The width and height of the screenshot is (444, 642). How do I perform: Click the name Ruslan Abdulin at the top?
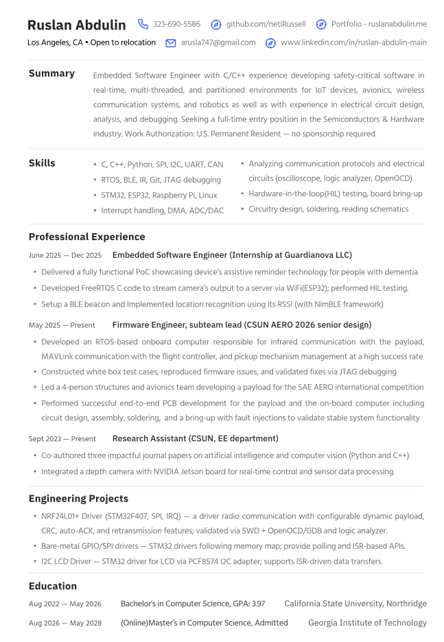(77, 25)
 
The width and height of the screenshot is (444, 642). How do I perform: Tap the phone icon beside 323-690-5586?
(143, 24)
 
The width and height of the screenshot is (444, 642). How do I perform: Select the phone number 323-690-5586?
(177, 24)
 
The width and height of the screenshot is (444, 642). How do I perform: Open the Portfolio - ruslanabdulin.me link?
(378, 24)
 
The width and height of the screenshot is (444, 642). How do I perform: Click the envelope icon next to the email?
(171, 43)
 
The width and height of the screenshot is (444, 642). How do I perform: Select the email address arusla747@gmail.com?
(218, 43)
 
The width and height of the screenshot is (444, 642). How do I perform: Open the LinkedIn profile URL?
(353, 43)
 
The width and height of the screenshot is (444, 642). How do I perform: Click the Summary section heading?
(51, 73)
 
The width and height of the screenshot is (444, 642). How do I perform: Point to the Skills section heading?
(42, 163)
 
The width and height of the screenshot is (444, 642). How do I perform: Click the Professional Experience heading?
(86, 237)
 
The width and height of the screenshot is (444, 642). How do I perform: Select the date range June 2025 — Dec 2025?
(65, 255)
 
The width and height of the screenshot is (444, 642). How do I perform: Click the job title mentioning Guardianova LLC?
(232, 255)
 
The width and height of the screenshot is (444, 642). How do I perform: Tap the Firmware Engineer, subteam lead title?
(242, 324)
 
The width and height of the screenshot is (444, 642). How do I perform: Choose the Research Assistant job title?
(195, 438)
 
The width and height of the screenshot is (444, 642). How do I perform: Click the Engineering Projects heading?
(78, 499)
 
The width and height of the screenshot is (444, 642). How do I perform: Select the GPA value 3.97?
(258, 604)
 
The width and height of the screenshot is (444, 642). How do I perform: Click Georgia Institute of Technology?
(367, 623)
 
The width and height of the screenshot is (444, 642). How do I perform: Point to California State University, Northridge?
(355, 604)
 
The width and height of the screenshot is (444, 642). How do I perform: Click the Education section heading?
(53, 586)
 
